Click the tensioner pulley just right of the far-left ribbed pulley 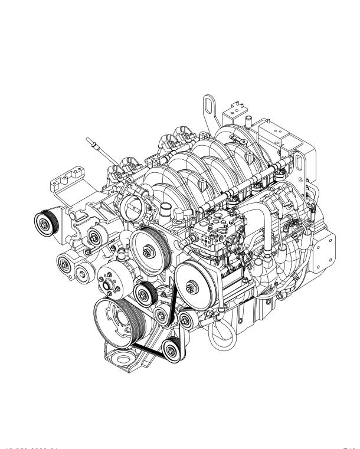coord(93,238)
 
